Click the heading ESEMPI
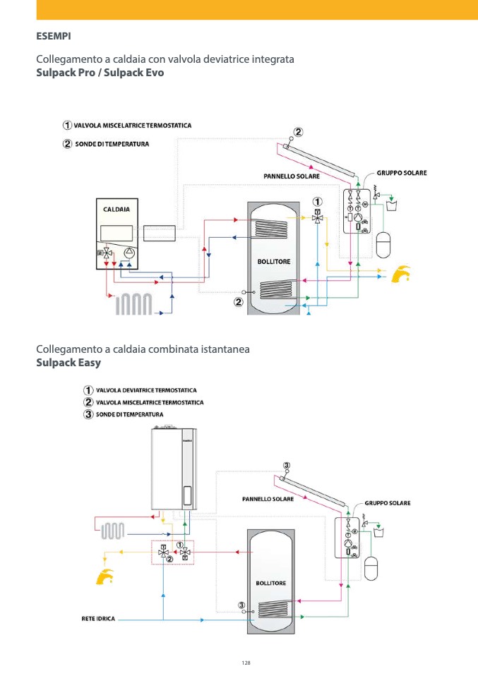54,35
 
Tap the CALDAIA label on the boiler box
116,210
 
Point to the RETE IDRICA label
98,619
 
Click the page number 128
246,663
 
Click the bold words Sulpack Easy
68,363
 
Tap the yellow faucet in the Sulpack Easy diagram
106,576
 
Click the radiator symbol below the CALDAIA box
134,303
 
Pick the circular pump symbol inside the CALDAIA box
129,253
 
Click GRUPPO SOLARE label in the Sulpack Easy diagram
387,503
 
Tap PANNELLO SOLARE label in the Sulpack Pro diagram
292,176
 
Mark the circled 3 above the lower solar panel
286,465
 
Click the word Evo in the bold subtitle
154,73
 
